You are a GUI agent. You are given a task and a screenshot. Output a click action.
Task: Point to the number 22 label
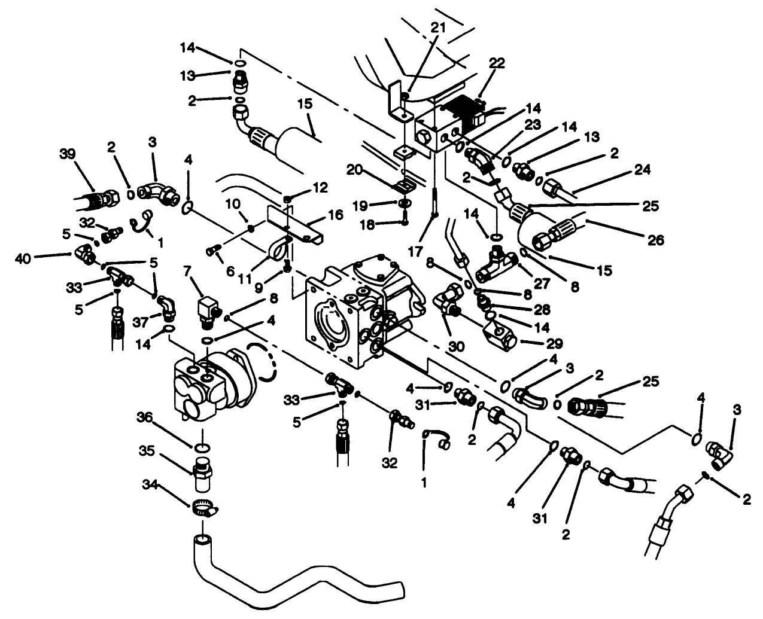click(497, 64)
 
